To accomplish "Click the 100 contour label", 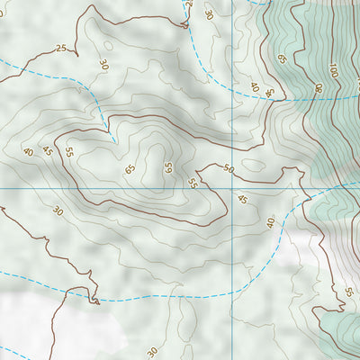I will tap(332, 69).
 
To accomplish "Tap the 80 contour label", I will tap(318, 87).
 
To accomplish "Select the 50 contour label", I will tap(228, 169).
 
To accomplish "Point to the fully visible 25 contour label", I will tap(60, 49).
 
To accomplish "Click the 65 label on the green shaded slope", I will tap(282, 59).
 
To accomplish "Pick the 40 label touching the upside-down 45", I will tap(255, 87).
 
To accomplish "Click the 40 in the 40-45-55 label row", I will tap(27, 152).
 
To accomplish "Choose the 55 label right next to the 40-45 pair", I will tap(68, 149).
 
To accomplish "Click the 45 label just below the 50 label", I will tap(241, 200).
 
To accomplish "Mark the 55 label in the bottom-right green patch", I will tap(348, 292).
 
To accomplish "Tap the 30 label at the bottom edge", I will tap(152, 351).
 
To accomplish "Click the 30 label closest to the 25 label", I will tap(103, 65).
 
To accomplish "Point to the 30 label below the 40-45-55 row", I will tap(58, 211).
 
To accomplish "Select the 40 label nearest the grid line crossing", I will tap(270, 221).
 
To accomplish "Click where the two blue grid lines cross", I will tap(232, 188).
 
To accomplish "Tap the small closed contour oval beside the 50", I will tap(253, 166).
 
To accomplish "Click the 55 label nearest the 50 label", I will tap(192, 183).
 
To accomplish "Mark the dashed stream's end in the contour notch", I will tap(115, 140).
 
